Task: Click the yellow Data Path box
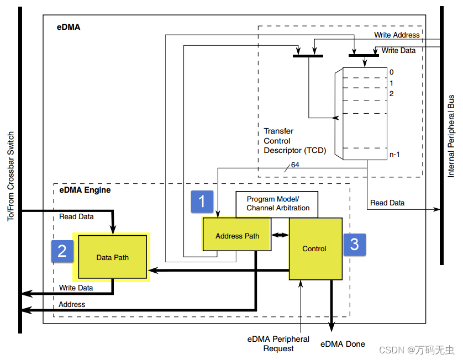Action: click(112, 257)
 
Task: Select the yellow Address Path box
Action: click(237, 236)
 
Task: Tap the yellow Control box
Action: click(314, 248)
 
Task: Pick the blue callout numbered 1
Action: click(202, 202)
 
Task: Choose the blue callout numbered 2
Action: click(62, 251)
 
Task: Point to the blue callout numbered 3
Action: click(355, 243)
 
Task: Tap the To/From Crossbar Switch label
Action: click(10, 177)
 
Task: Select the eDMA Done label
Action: click(343, 344)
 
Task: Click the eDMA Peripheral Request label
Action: click(278, 343)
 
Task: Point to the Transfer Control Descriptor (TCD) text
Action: click(295, 141)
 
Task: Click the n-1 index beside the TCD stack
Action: click(394, 154)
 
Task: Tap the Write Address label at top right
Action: click(397, 35)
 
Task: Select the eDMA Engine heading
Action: click(85, 190)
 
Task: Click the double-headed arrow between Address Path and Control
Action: click(280, 235)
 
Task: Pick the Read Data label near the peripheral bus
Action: click(387, 203)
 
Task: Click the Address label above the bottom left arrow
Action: click(72, 304)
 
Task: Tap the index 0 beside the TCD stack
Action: click(391, 72)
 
